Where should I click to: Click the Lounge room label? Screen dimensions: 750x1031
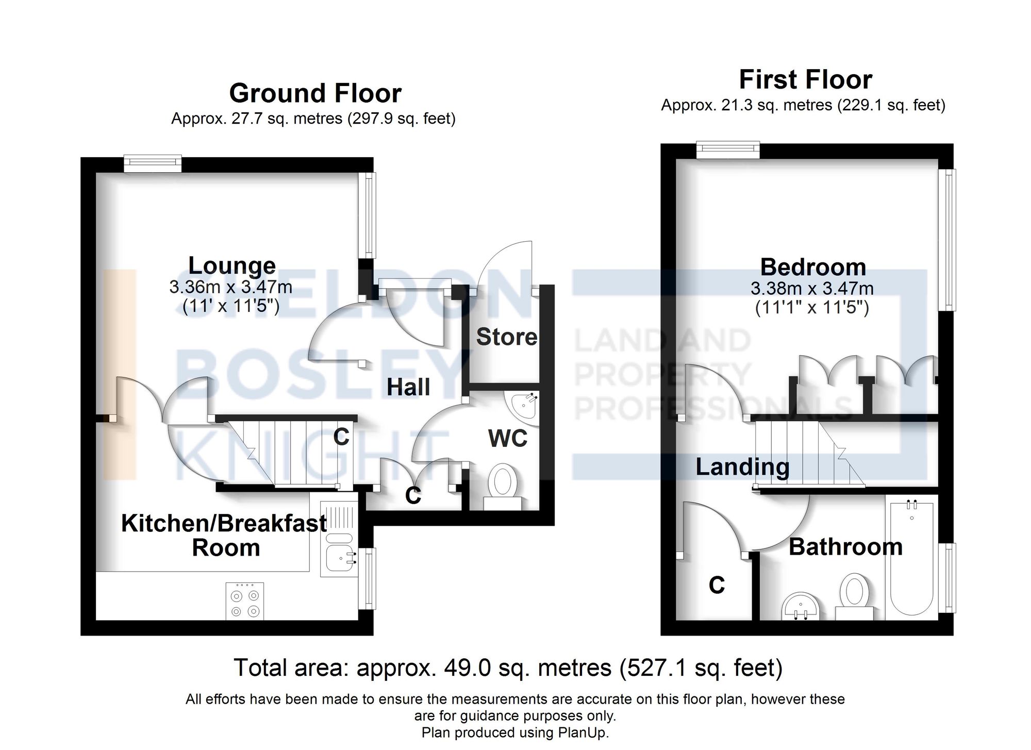click(x=232, y=266)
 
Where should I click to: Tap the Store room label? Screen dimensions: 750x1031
click(x=506, y=337)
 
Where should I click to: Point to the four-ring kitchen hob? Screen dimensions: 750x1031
click(x=245, y=601)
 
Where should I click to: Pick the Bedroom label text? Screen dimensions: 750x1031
click(x=813, y=268)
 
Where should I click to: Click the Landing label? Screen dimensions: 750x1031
click(x=742, y=467)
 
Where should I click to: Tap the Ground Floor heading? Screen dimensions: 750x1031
click(x=315, y=93)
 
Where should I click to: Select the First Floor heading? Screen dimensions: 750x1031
click(x=805, y=80)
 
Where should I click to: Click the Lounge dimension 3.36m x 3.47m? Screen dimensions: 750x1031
click(x=230, y=287)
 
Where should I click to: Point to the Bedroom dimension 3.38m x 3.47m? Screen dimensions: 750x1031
click(x=812, y=288)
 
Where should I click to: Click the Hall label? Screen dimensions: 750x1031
click(x=408, y=387)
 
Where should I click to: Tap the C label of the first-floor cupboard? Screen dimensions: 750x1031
click(x=717, y=585)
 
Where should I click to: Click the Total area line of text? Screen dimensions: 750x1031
click(x=508, y=668)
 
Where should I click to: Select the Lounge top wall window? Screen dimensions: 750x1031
click(x=153, y=164)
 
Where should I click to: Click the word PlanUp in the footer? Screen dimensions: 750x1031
click(x=582, y=732)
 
